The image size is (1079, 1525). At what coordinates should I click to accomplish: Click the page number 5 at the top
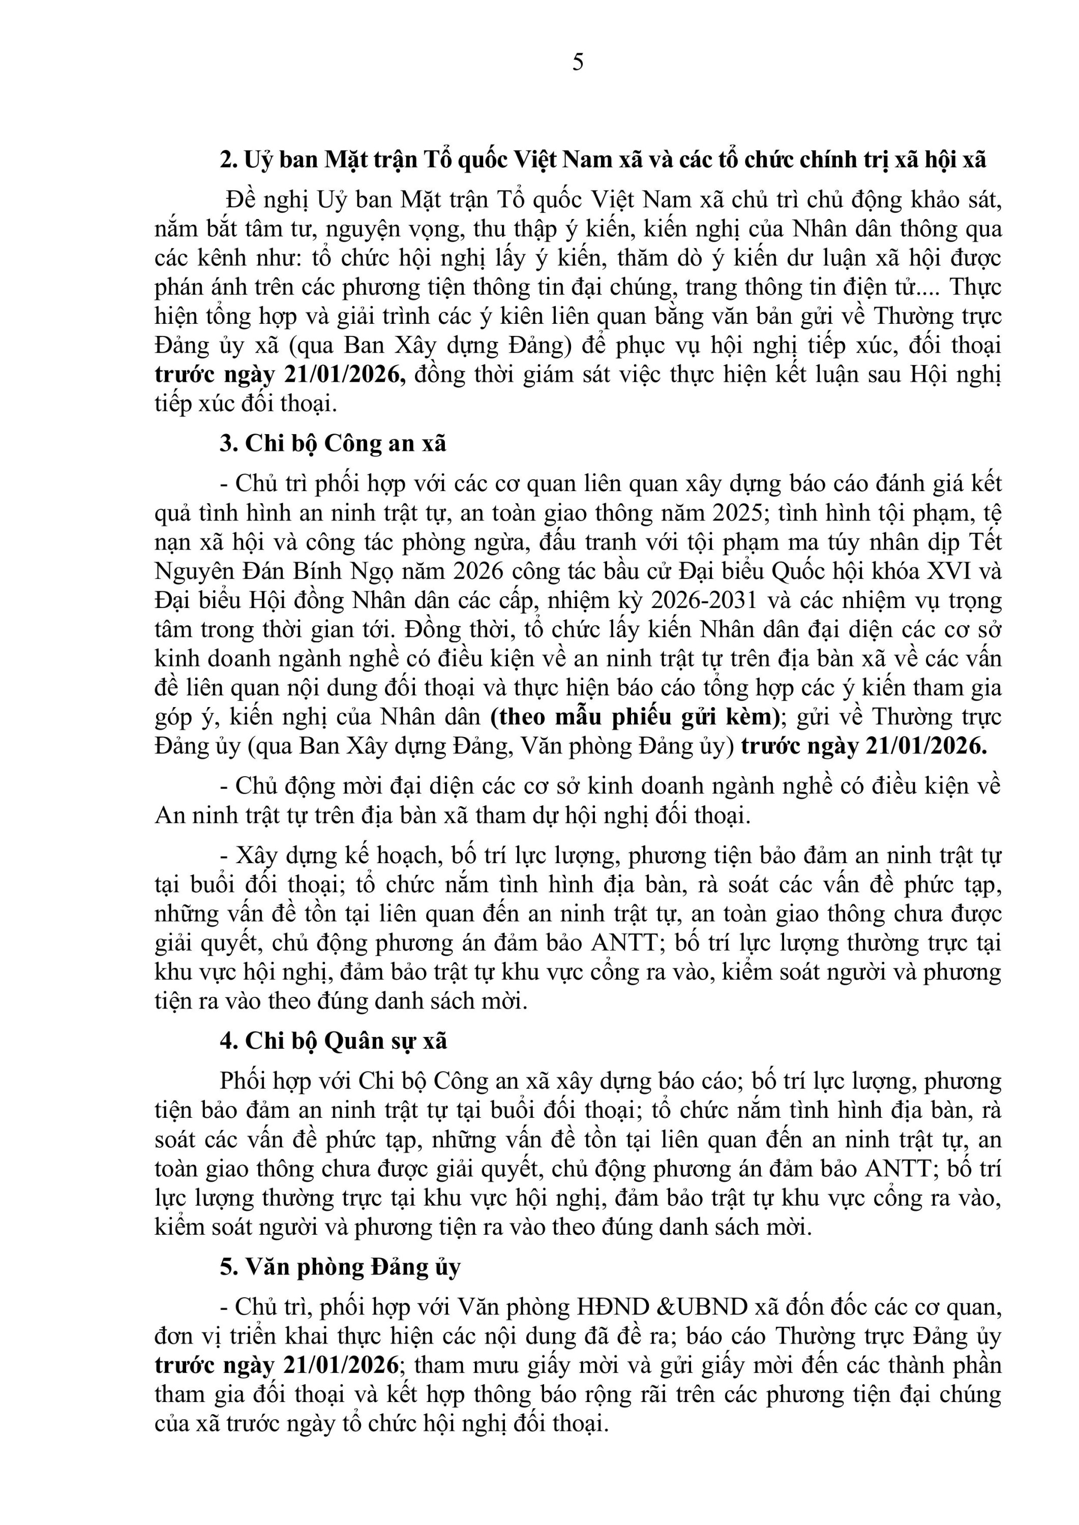click(x=578, y=63)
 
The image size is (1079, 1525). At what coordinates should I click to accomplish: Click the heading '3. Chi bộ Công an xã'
click(x=333, y=443)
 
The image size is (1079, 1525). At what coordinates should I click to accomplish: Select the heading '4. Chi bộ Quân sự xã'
click(x=334, y=1041)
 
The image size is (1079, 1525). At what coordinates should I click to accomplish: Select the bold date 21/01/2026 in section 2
click(x=345, y=375)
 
